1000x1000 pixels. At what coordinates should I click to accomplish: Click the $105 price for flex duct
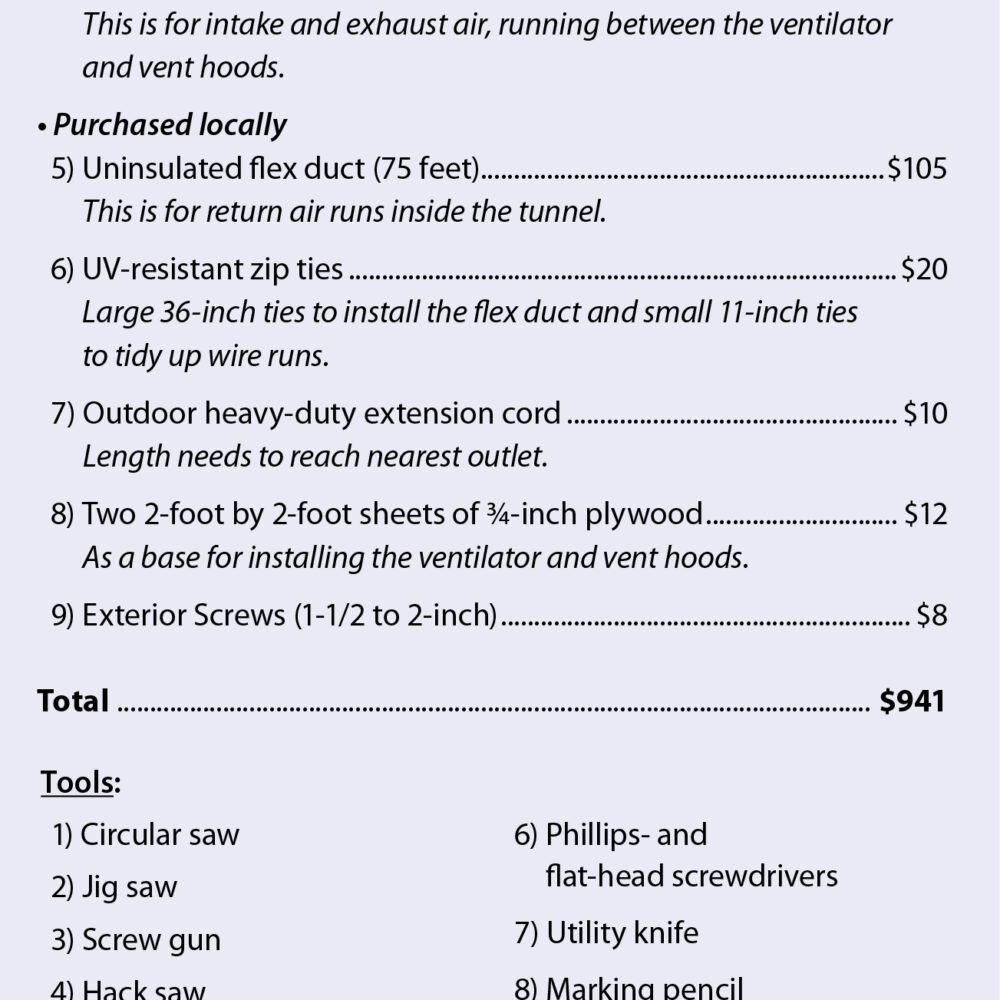[916, 168]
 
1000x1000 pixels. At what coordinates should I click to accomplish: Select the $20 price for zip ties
[923, 269]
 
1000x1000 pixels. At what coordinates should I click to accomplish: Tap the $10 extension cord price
[924, 413]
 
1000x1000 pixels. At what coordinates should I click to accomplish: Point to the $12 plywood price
[925, 514]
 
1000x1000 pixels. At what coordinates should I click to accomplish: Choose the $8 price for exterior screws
[931, 614]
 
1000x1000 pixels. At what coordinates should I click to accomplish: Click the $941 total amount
[912, 701]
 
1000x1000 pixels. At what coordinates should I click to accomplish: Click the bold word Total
[73, 701]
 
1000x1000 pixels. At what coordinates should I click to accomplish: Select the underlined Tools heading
[77, 782]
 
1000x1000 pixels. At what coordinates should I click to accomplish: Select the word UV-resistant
[163, 269]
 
